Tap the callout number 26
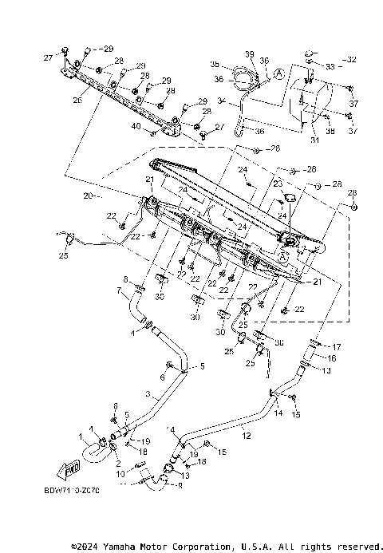(x=77, y=101)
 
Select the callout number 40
(x=136, y=127)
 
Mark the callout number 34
(x=221, y=101)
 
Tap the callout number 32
(x=352, y=60)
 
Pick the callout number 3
(x=147, y=394)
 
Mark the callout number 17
(x=337, y=347)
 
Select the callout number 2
(x=118, y=464)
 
